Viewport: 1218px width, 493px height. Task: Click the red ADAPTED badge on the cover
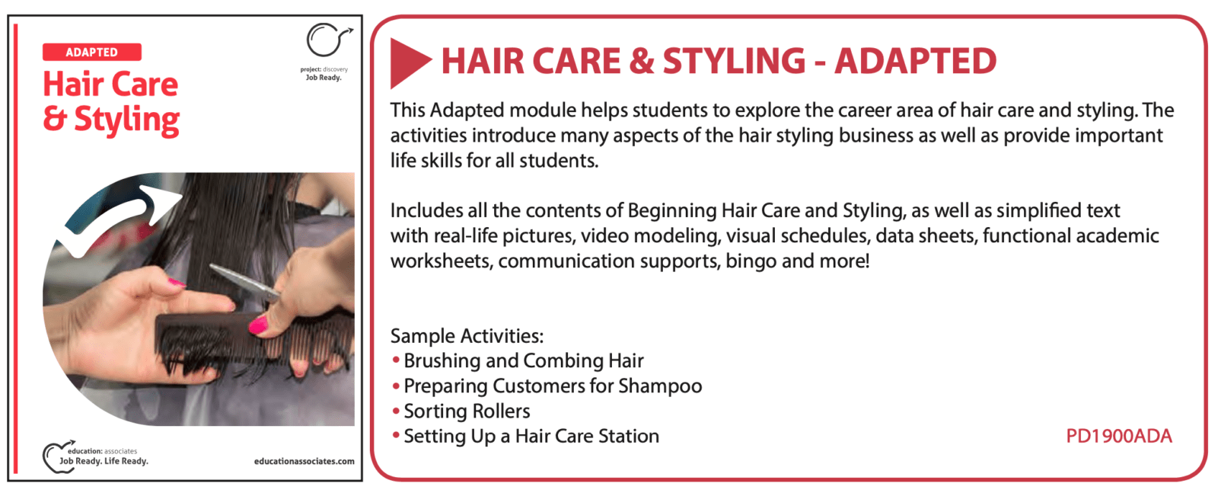(92, 53)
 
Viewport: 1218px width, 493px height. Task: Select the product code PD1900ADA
(1118, 437)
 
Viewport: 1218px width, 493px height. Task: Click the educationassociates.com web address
(304, 462)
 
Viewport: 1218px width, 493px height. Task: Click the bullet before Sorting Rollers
(396, 411)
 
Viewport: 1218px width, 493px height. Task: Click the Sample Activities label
(467, 336)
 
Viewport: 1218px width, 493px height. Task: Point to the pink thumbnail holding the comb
(258, 325)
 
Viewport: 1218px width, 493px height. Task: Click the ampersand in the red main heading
(642, 61)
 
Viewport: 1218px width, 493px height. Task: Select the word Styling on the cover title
(126, 120)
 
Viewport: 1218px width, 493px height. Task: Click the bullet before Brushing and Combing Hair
(396, 360)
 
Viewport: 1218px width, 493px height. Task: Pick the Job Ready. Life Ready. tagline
(104, 462)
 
